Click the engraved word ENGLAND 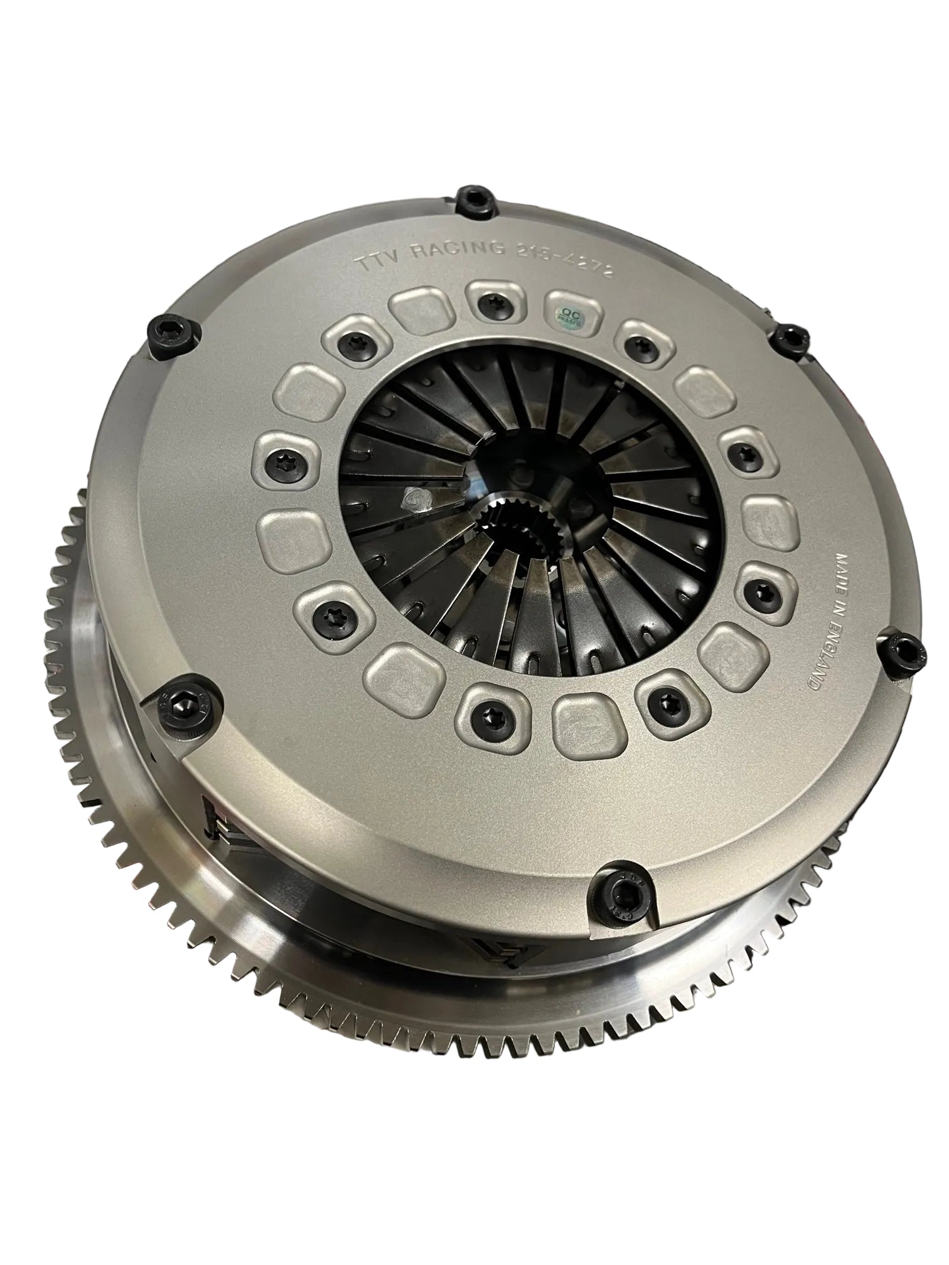click(x=808, y=658)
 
